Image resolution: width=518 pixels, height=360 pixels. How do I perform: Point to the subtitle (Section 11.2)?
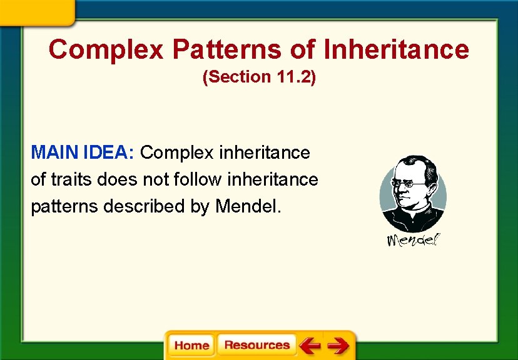tap(259, 77)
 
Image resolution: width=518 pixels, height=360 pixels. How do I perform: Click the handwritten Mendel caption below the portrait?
tap(413, 240)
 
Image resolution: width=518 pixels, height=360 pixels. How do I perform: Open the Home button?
tap(191, 345)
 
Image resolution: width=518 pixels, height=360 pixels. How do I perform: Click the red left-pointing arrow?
tap(309, 345)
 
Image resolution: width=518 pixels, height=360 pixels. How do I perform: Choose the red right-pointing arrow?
tap(338, 345)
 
